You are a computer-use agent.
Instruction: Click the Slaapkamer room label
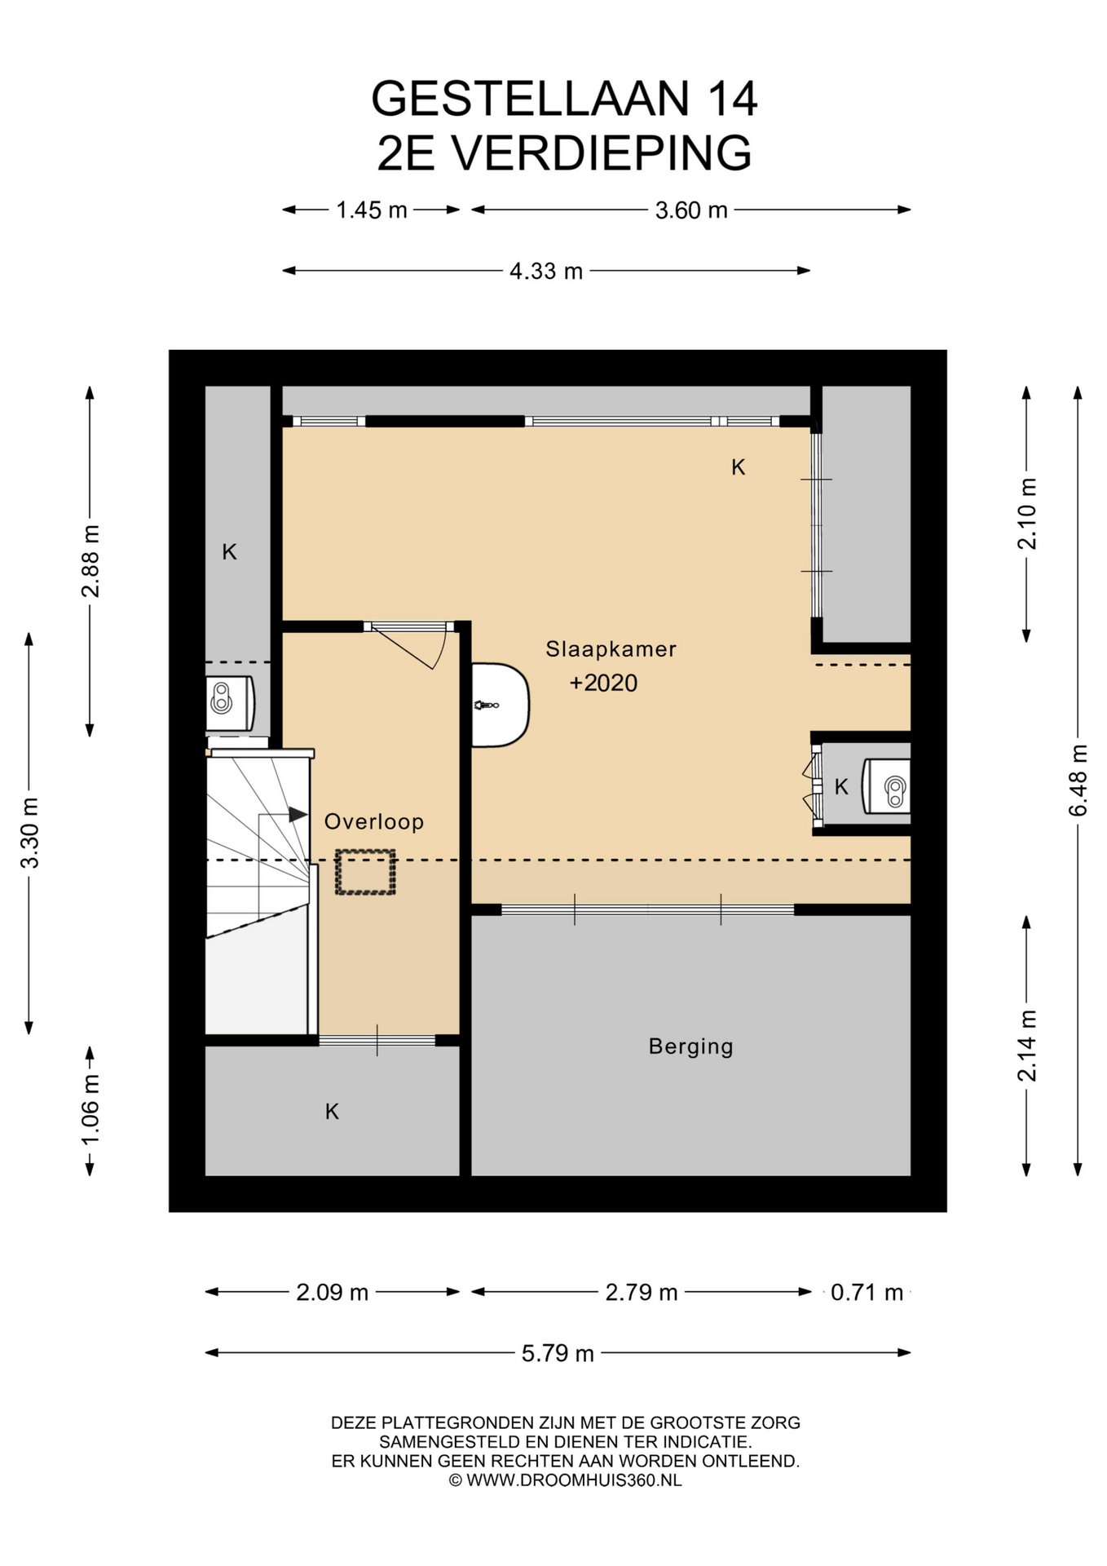click(611, 649)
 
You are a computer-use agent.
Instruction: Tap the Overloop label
click(374, 821)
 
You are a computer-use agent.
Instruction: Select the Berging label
click(691, 1046)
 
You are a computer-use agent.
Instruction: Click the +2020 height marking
click(603, 683)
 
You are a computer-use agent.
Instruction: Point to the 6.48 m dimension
click(1078, 780)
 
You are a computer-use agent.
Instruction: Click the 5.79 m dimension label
click(558, 1353)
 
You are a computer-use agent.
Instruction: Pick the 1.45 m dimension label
click(372, 210)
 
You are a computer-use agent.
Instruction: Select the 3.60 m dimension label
click(691, 210)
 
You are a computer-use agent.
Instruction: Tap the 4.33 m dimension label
click(546, 271)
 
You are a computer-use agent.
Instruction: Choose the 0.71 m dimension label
click(867, 1292)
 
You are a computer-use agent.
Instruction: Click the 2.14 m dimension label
click(1027, 1046)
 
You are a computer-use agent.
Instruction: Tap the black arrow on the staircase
click(298, 814)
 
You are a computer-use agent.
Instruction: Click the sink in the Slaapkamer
click(500, 705)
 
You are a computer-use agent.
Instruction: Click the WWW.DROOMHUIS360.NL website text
click(574, 1480)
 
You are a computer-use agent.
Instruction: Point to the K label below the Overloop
click(332, 1111)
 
